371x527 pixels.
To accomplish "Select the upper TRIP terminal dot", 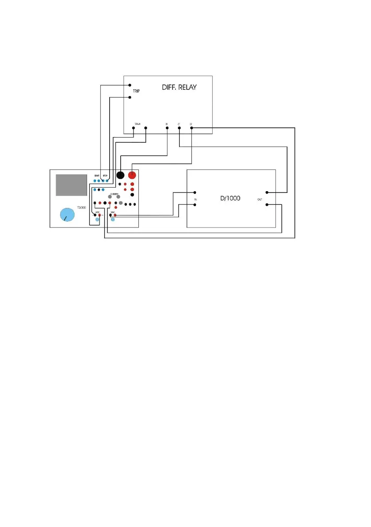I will (x=130, y=85).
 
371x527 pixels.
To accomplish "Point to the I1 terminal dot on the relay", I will (x=167, y=128).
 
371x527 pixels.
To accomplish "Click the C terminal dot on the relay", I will (x=179, y=128).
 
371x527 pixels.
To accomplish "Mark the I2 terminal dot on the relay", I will (x=191, y=128).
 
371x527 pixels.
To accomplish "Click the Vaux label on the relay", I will (x=138, y=124).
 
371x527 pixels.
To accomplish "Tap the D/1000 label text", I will (x=230, y=198).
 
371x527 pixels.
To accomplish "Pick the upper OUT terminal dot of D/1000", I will (x=268, y=192).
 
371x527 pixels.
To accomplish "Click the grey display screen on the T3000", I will (x=71, y=185).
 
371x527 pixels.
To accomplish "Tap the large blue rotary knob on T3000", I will (x=67, y=215).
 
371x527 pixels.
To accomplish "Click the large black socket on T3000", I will (x=120, y=175).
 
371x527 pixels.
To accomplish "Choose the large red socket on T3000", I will (x=132, y=175).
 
